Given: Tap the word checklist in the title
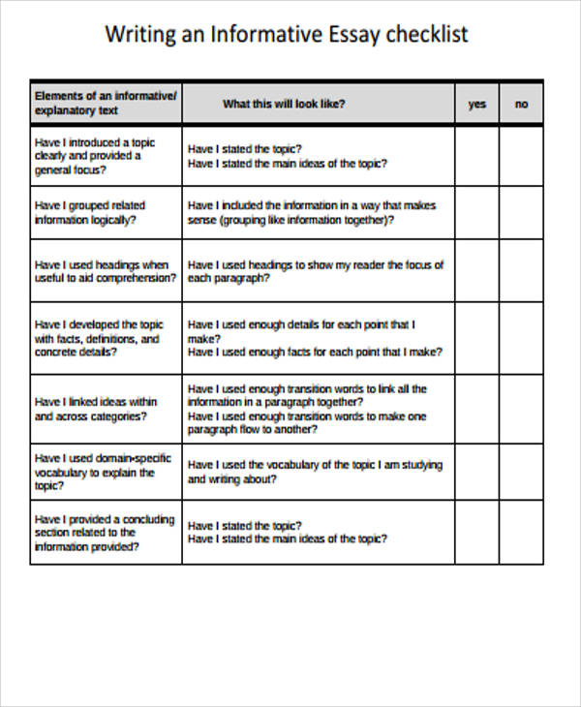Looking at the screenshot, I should coord(427,35).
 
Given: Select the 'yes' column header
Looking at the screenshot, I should coord(477,104).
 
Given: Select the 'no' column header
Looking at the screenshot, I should coord(522,104).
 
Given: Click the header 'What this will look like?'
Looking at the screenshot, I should coord(284,104).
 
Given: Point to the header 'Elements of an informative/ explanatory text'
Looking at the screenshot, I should coord(106,103).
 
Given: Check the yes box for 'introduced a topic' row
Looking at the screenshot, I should coord(477,156).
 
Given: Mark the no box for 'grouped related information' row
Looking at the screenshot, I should coord(522,213).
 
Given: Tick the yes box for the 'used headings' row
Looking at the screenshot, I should coord(477,271).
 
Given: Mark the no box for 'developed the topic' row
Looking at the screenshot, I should coord(522,338).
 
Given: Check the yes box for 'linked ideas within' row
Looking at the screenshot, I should coord(477,409).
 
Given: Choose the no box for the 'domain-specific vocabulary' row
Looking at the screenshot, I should coord(522,472).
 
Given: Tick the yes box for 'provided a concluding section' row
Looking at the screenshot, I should coord(477,532).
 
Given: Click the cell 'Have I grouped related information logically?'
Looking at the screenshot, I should coord(90,213).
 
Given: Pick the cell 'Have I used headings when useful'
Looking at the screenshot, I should coord(106,271).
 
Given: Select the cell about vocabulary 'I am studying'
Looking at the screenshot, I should coord(314,472).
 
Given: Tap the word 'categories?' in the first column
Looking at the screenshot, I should coord(114,416).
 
